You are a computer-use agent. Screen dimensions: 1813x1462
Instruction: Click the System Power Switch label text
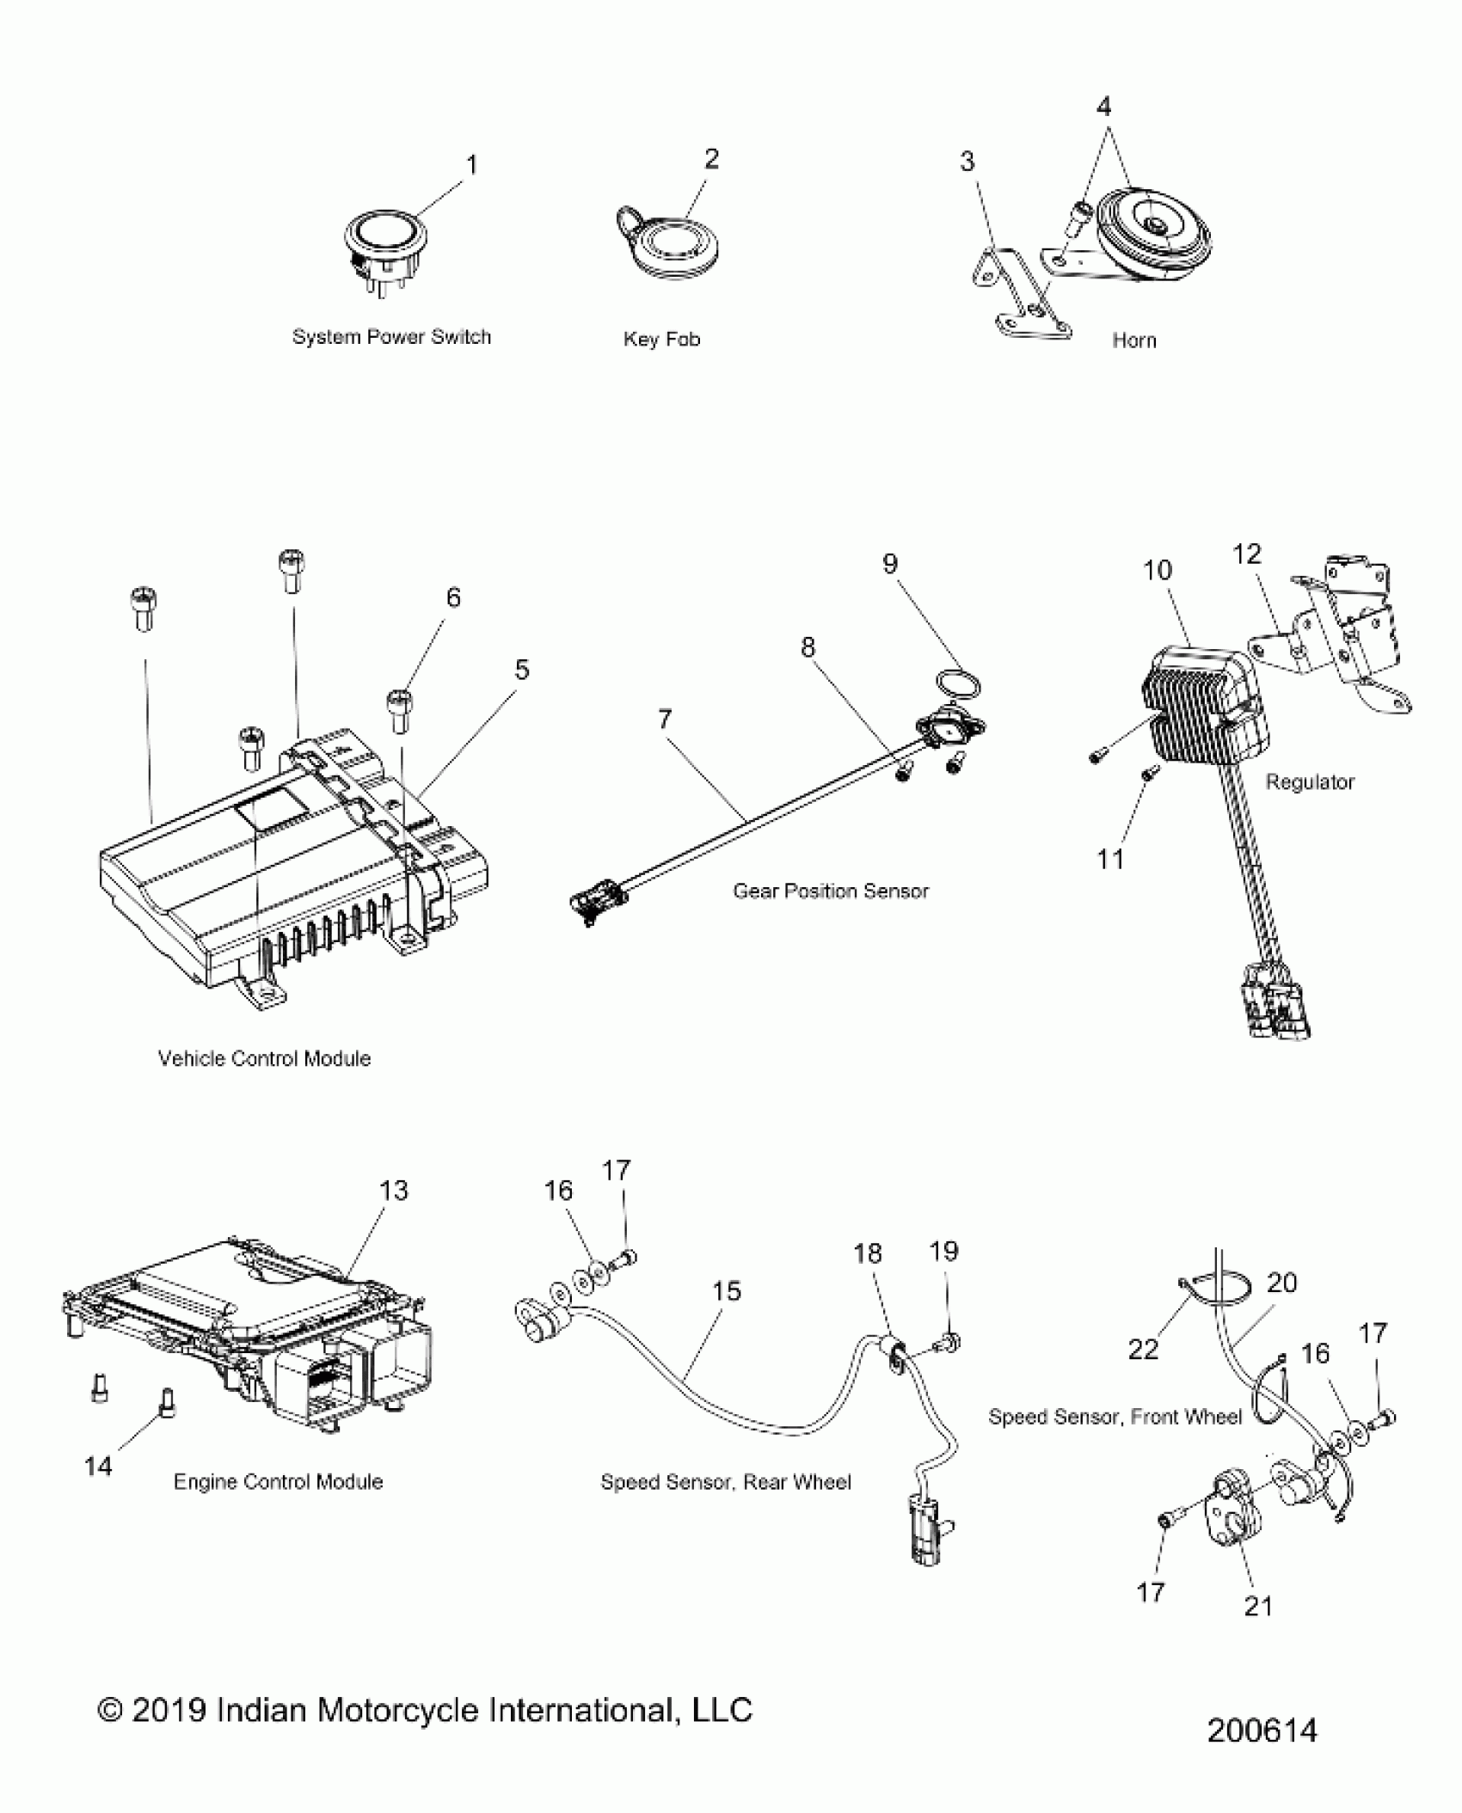click(391, 337)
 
